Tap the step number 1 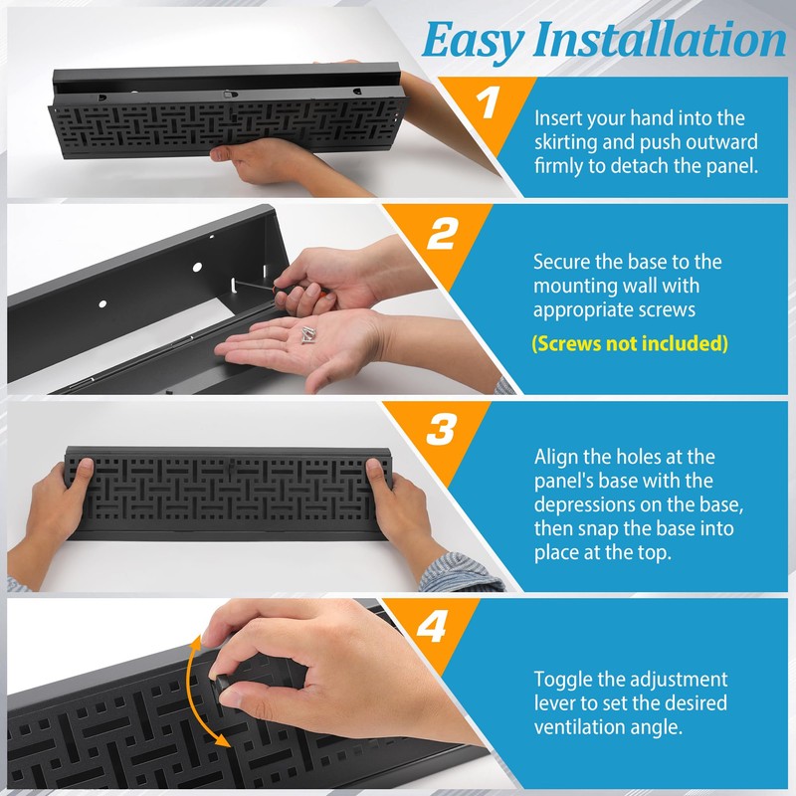point(487,105)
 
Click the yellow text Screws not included point(630,344)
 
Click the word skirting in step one point(569,140)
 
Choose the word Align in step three point(556,457)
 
